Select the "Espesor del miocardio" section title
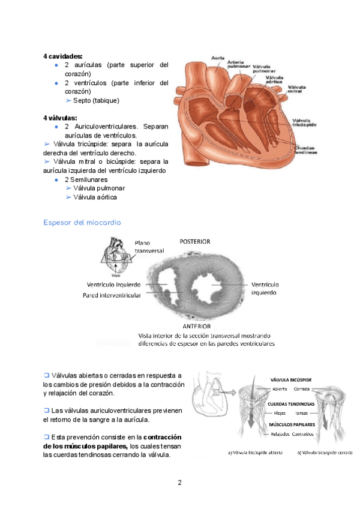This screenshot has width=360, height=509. (82, 222)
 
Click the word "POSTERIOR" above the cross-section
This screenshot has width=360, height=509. (195, 241)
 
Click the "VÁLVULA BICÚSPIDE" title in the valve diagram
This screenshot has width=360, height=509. (291, 380)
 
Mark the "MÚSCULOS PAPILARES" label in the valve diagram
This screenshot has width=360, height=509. (290, 424)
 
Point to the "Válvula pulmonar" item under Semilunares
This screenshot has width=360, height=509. (99, 188)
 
